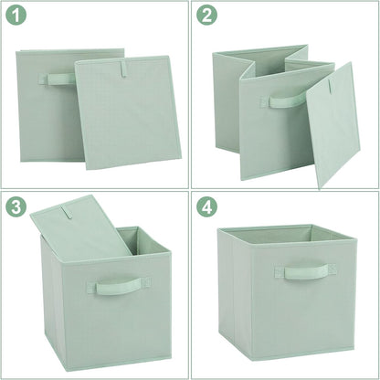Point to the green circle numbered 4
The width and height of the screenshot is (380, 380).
pos(209,207)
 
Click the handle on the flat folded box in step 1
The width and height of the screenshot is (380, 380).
pos(57,79)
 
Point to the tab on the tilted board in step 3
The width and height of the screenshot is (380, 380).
pos(66,217)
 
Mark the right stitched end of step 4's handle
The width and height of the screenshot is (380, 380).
pos(331,270)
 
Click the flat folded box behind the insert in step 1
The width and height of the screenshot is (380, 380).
pos(41,119)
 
